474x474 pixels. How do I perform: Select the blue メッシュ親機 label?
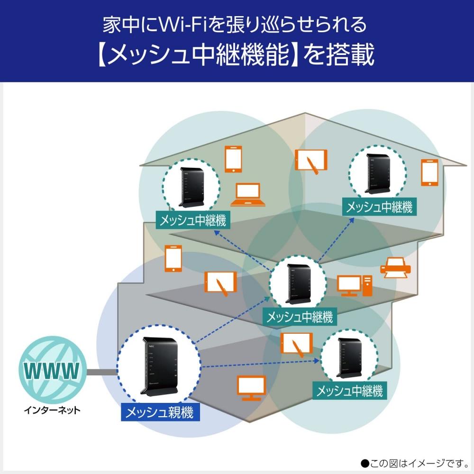[160, 412]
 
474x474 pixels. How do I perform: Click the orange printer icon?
[395, 269]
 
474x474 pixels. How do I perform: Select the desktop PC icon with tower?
[355, 285]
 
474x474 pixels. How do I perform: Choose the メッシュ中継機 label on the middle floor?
[300, 316]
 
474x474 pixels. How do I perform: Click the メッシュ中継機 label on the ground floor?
[349, 391]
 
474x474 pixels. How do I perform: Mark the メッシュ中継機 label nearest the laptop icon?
[192, 220]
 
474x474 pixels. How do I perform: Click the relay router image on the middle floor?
[298, 283]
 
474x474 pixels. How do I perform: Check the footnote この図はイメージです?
[412, 461]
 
